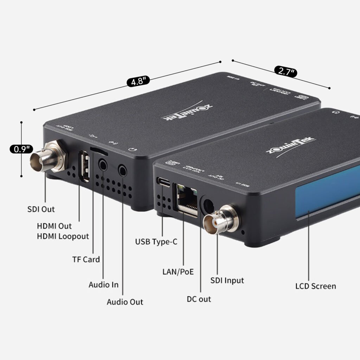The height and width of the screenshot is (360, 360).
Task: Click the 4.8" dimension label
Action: click(x=138, y=82)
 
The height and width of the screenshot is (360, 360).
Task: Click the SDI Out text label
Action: click(x=41, y=209)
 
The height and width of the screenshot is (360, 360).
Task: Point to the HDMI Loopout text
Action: click(x=63, y=236)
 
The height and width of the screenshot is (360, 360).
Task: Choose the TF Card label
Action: click(x=86, y=259)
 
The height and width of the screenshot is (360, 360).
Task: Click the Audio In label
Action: click(x=103, y=284)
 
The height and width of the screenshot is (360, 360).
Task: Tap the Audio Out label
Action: click(x=125, y=302)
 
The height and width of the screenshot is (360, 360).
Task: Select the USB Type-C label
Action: click(x=156, y=242)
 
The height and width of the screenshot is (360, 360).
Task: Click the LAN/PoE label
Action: click(x=178, y=271)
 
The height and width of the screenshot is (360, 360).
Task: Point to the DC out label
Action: click(x=199, y=299)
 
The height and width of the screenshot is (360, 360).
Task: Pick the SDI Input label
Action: click(x=227, y=280)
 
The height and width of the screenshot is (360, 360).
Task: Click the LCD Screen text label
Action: click(x=315, y=286)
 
